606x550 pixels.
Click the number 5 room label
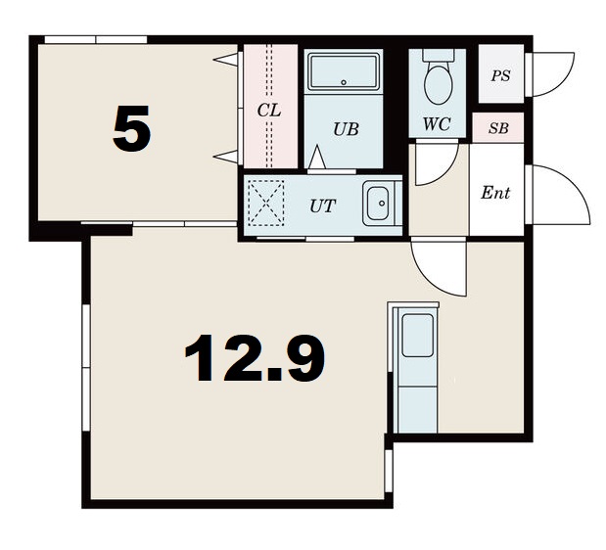point(131,128)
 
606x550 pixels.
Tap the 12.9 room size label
point(256,358)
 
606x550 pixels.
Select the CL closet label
point(269,111)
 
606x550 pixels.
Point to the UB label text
point(346,129)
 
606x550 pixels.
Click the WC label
point(437,124)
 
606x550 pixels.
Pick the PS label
point(500,75)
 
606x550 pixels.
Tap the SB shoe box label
point(498,128)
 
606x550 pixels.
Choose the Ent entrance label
point(495,193)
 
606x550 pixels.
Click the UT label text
point(323,206)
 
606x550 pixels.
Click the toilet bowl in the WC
point(438,83)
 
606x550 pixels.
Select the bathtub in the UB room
point(344,71)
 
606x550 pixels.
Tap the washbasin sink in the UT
point(378,204)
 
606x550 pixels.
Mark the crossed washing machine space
point(265,204)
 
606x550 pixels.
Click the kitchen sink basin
point(417,336)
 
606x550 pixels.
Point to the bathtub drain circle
point(344,82)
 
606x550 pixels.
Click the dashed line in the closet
point(269,107)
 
